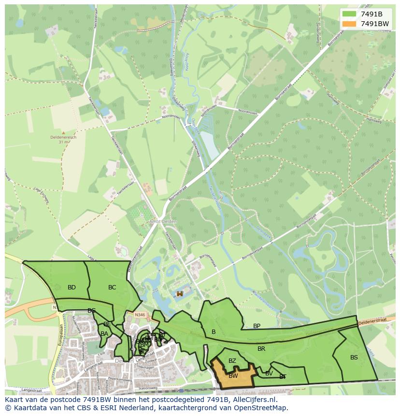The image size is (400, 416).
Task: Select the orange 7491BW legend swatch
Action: (348, 24)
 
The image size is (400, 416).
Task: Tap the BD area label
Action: (71, 287)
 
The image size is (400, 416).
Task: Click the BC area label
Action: (112, 287)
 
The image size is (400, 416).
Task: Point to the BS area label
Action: (354, 358)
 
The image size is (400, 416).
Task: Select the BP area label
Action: (257, 326)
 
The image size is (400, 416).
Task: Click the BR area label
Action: (261, 348)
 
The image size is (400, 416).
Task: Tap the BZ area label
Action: (232, 361)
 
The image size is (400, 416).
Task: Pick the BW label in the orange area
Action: (233, 376)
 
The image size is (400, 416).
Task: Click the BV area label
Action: (269, 373)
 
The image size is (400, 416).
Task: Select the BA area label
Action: (104, 333)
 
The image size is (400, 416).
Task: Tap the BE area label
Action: (107, 324)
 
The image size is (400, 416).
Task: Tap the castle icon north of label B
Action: (180, 293)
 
